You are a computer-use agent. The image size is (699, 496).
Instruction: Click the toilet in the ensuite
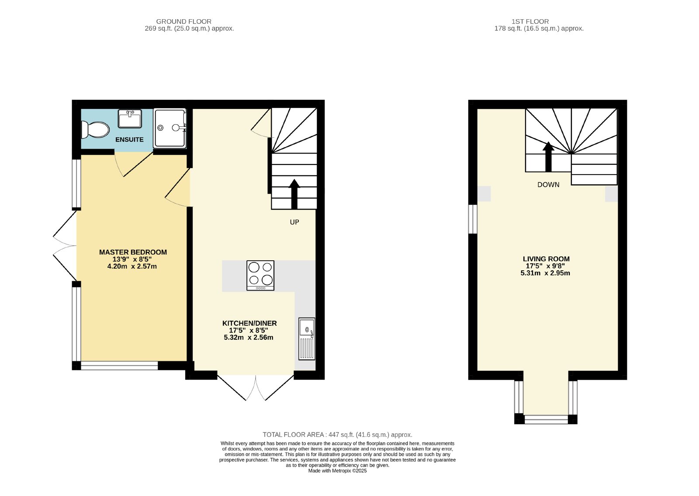click(x=95, y=129)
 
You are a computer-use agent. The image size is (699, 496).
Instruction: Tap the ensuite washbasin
click(x=130, y=119)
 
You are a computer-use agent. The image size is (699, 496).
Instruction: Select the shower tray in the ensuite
click(x=170, y=128)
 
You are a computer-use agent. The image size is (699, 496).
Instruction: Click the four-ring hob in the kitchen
click(x=260, y=276)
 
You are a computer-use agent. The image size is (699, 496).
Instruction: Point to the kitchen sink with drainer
click(x=307, y=339)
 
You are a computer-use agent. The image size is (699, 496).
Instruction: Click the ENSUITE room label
click(x=129, y=140)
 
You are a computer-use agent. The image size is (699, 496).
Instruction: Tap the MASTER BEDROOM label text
click(x=133, y=252)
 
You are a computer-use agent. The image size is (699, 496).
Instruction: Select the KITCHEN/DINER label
click(x=249, y=323)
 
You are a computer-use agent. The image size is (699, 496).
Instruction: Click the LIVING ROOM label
click(x=546, y=259)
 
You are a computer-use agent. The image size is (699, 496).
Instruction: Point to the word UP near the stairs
click(x=294, y=222)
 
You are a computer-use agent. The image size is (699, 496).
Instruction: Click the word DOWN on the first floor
click(x=548, y=185)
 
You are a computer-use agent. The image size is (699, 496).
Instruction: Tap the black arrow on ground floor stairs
click(x=294, y=194)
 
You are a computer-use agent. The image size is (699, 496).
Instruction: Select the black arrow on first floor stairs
click(x=548, y=157)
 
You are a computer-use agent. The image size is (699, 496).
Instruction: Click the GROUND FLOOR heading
click(x=184, y=21)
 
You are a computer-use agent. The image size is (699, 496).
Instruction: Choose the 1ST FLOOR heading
click(x=530, y=21)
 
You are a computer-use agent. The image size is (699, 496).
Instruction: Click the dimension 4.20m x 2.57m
click(x=132, y=266)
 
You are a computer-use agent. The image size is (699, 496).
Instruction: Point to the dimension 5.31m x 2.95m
click(x=545, y=273)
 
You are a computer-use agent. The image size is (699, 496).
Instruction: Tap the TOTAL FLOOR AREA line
click(x=337, y=434)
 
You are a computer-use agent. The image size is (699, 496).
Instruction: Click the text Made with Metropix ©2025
click(x=337, y=471)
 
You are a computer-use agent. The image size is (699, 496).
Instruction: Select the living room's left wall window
click(x=473, y=219)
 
